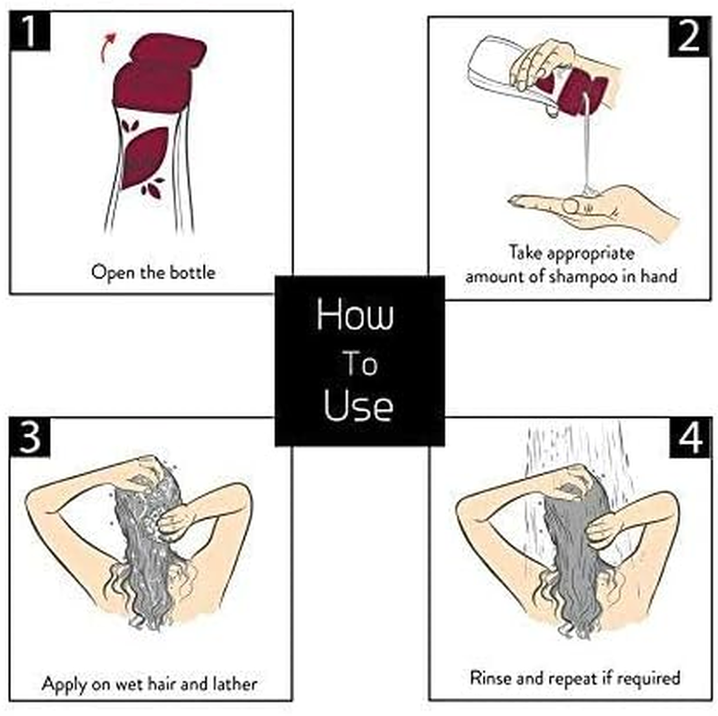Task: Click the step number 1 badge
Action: pos(30,30)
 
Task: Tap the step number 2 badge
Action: pos(689,37)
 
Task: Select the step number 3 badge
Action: pos(30,438)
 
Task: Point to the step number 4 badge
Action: pos(690,438)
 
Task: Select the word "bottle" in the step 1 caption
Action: pos(192,272)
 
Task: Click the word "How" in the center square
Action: pos(355,314)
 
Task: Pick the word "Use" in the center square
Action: pos(358,405)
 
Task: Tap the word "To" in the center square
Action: pos(360,363)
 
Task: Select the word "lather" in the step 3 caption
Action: pos(235,684)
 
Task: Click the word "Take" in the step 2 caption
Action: pos(525,252)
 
